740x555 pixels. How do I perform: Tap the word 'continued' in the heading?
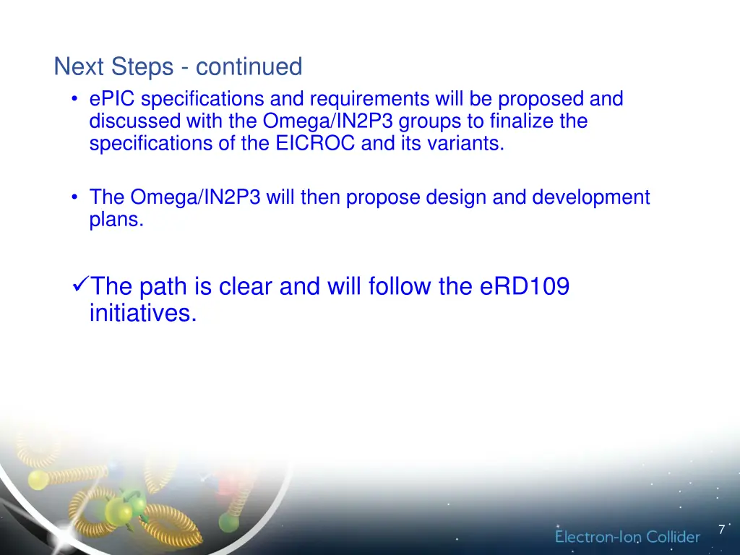[249, 67]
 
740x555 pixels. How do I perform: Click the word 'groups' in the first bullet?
[432, 121]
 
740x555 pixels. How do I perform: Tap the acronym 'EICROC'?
[315, 143]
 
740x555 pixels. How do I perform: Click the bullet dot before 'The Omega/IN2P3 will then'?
[75, 197]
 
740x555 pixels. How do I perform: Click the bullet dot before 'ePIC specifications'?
[75, 99]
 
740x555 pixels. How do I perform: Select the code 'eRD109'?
[524, 287]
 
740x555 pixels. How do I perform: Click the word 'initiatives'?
[142, 313]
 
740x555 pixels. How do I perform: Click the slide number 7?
[721, 530]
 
